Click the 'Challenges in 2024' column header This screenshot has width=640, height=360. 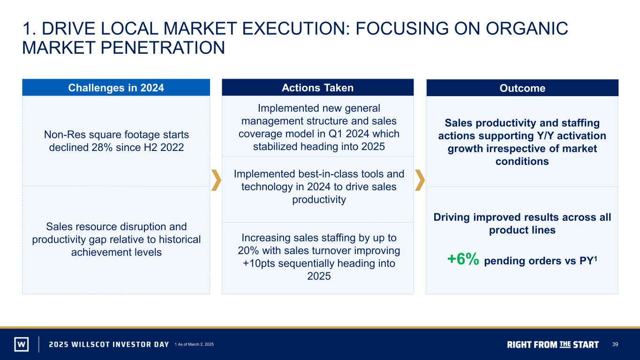116,88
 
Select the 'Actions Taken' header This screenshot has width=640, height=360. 318,88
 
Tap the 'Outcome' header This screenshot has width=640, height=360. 522,88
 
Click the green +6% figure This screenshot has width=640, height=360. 463,259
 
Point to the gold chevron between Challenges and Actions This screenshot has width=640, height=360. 216,180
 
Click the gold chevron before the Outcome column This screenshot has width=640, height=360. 420,180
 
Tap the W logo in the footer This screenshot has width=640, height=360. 22,344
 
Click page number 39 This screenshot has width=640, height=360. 615,344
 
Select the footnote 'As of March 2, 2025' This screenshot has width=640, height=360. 196,344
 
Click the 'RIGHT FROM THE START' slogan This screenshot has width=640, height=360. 553,345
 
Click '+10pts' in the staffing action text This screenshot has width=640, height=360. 259,263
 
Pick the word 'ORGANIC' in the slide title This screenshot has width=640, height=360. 527,29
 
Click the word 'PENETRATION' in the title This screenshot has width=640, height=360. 163,47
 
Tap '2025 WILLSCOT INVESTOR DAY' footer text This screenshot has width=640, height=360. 109,345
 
